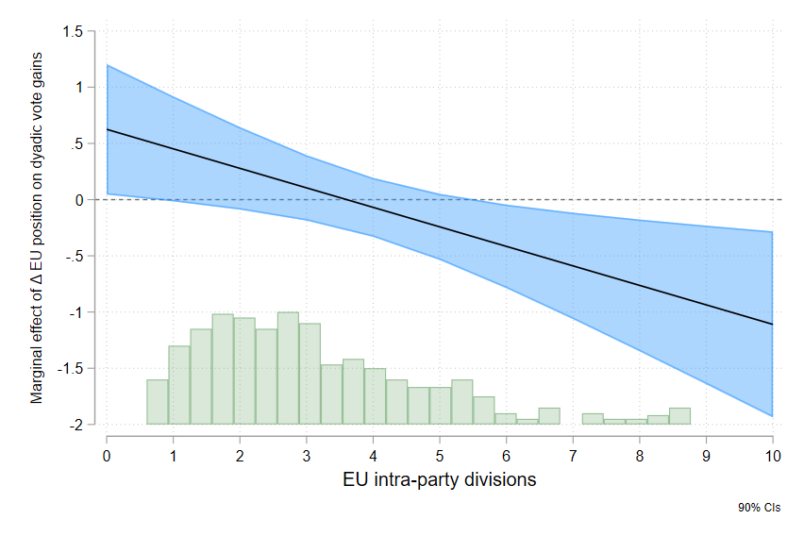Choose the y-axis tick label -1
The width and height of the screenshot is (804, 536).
[x=77, y=312]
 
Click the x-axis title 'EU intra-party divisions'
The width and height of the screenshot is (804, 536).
[x=440, y=479]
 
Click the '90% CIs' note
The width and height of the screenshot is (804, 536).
[x=760, y=508]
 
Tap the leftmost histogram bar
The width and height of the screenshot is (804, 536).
[x=158, y=402]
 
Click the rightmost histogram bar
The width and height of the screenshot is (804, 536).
[x=679, y=416]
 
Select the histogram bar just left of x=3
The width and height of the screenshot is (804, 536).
[x=288, y=368]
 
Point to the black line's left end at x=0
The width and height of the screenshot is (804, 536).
[x=108, y=129]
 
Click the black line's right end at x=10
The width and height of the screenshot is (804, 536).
[x=772, y=324]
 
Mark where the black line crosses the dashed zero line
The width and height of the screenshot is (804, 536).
[x=347, y=200]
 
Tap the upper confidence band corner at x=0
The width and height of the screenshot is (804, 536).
[x=108, y=65]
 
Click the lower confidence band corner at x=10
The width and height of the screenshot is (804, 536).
[x=772, y=415]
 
